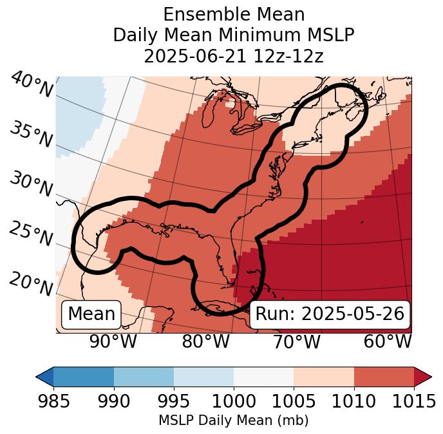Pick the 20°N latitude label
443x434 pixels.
[31, 283]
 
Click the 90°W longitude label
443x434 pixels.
[113, 342]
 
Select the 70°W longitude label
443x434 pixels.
[296, 342]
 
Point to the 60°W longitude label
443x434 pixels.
[388, 342]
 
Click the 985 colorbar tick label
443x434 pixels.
[53, 402]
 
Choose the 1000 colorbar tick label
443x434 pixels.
[234, 402]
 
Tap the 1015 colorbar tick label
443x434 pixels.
[414, 402]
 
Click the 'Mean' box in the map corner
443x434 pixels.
[91, 314]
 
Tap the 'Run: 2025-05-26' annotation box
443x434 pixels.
[330, 314]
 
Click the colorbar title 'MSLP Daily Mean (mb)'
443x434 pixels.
[234, 420]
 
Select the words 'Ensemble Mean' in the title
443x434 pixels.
[234, 14]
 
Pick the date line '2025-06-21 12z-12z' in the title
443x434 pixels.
[234, 56]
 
